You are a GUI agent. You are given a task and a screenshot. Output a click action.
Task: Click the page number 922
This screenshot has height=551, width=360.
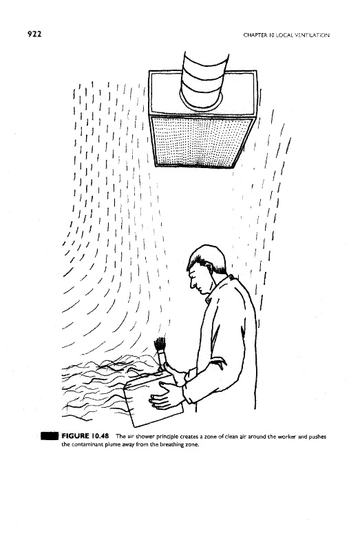click(x=34, y=34)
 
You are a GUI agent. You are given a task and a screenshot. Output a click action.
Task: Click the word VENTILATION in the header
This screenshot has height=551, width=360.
click(x=315, y=35)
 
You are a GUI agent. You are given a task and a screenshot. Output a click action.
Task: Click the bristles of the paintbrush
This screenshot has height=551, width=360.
click(x=160, y=344)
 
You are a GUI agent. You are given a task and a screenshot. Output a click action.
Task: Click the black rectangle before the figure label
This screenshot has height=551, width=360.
click(x=50, y=436)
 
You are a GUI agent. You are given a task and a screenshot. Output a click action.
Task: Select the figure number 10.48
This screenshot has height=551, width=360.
click(x=100, y=436)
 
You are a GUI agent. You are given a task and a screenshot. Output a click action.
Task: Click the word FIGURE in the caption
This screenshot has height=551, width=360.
click(x=76, y=436)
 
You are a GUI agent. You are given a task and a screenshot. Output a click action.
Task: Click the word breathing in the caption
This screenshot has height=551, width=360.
click(x=173, y=445)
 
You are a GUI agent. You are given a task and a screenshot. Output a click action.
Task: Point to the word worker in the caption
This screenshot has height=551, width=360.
click(x=286, y=437)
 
